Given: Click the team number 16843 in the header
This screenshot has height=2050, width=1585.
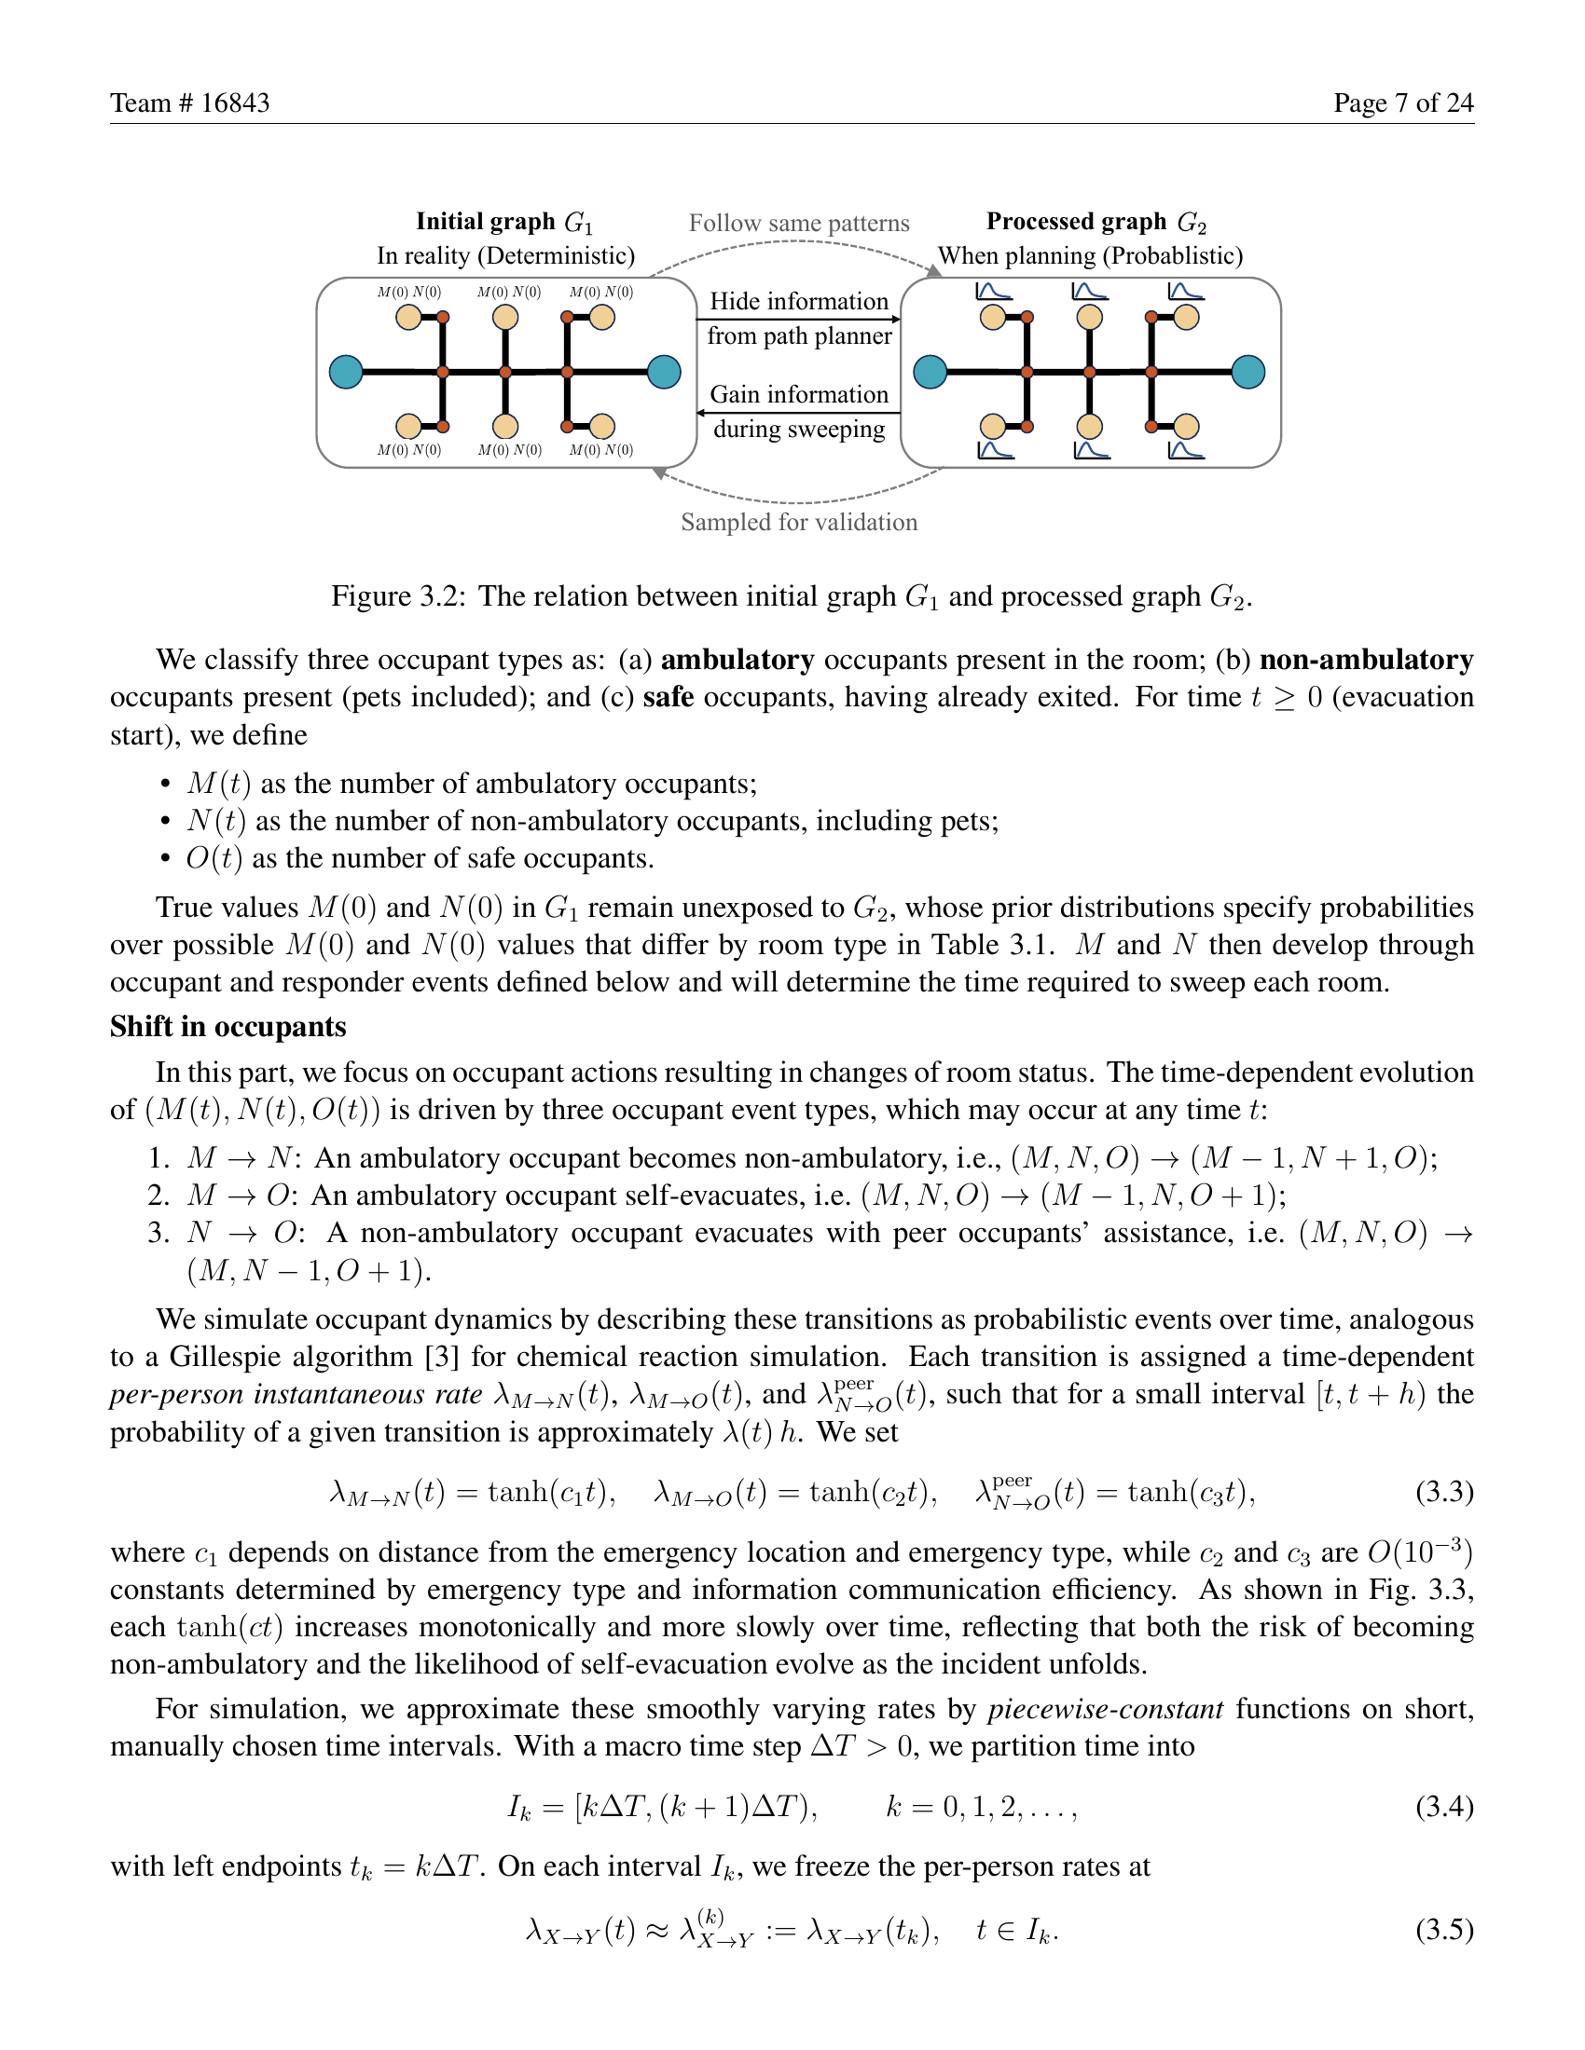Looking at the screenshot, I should coord(235,102).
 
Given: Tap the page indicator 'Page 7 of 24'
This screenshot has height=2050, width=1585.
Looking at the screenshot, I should coord(1403,102).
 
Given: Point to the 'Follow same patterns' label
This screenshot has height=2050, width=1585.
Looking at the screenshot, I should coord(799,224).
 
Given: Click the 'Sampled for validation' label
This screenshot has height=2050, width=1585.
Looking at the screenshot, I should coord(799,522).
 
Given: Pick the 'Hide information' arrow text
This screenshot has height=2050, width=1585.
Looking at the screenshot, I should coord(799,301).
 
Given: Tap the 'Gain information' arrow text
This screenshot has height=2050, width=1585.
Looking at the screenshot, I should coord(799,394).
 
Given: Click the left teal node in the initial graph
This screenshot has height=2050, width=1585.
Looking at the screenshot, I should coord(347,372).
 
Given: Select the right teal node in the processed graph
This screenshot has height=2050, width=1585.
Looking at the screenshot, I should coord(1247,372).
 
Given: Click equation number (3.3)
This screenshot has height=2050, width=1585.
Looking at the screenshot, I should coord(1444,1492).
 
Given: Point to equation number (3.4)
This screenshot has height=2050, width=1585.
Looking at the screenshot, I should coord(1444,1806).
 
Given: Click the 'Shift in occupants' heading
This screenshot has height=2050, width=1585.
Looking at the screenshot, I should coord(228,1026).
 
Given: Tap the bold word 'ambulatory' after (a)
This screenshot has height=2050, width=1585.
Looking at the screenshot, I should coord(737,660).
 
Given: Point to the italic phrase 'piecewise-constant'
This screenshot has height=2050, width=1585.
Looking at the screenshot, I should coord(1105,1708).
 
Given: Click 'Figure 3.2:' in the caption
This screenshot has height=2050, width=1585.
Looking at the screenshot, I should coord(398,597).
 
